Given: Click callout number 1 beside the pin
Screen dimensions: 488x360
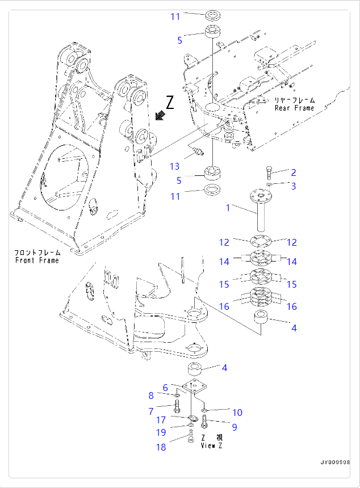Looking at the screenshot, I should (x=228, y=208).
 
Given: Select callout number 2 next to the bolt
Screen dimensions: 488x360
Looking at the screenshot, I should (x=294, y=173).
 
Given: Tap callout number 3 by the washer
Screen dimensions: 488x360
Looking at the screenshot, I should (x=294, y=186).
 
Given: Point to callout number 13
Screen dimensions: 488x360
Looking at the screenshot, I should (x=174, y=166).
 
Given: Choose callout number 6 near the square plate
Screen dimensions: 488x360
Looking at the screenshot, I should (x=165, y=388).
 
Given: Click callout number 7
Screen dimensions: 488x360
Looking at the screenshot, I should (x=151, y=411).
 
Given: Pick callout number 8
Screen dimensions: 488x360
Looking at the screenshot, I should (x=151, y=396).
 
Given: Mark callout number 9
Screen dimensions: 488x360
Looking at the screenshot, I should (x=234, y=427).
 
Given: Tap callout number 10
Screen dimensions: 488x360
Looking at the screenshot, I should (x=237, y=413).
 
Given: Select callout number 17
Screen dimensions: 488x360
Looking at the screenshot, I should (x=161, y=420).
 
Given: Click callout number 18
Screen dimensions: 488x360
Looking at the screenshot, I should (x=161, y=448).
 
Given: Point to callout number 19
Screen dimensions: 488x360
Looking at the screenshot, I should (x=161, y=433).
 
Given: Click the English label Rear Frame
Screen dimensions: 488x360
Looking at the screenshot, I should (x=294, y=108).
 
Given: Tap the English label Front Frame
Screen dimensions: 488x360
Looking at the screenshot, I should (x=37, y=260).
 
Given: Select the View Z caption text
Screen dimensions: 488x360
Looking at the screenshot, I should (x=212, y=445).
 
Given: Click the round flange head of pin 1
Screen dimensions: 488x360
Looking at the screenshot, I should (x=261, y=197).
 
